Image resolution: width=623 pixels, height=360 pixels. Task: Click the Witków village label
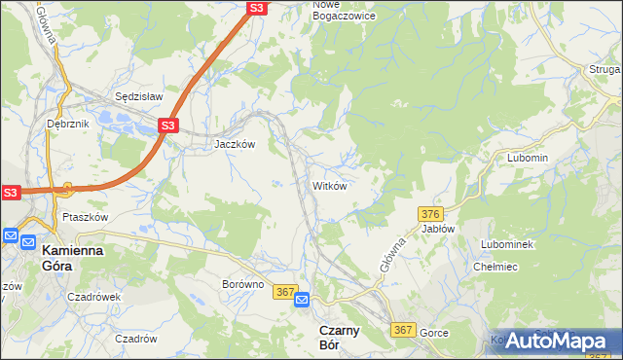point(329,185)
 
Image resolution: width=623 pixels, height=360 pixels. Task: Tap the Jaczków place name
point(235,143)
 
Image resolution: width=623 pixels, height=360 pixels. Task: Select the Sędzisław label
point(138,97)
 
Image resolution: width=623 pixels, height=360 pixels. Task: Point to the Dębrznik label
point(67,124)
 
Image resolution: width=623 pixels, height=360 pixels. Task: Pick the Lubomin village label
point(528,158)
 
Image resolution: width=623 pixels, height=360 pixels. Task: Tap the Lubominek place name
point(507,243)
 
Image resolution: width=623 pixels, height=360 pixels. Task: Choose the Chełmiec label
point(495,266)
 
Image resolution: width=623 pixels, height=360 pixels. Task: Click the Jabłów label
point(438,229)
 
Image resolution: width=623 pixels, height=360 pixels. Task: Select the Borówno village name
point(243,284)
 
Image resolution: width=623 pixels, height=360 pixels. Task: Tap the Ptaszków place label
point(84,217)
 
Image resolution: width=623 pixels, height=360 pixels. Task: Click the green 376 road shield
point(431,213)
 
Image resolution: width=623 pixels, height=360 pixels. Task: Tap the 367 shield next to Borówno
point(284,291)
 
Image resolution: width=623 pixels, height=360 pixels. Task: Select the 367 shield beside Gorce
point(403,331)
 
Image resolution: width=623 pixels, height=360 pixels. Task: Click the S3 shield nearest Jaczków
point(167,126)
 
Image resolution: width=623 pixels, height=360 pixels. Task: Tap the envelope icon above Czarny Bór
point(302,300)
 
